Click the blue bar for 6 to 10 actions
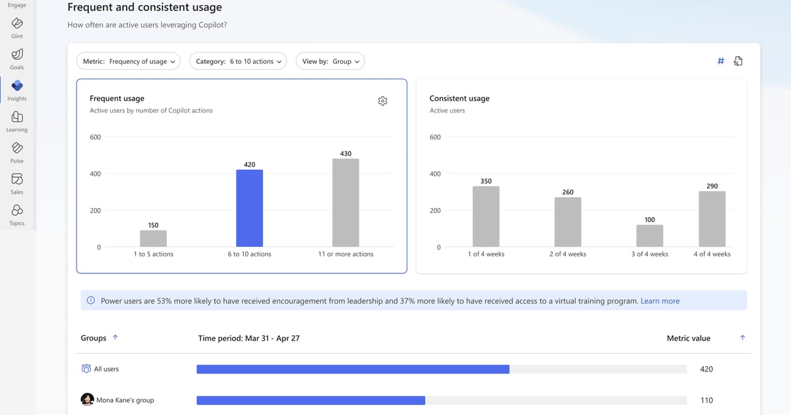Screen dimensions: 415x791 [x=249, y=208]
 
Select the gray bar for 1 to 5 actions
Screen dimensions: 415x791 [x=153, y=238]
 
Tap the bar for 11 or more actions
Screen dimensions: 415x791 [x=345, y=203]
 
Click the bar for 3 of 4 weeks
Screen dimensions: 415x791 [x=649, y=236]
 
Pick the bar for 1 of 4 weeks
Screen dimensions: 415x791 [x=486, y=217]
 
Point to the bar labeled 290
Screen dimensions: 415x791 [x=712, y=219]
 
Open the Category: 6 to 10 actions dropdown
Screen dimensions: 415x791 [x=238, y=61]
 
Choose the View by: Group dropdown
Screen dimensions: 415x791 [x=330, y=61]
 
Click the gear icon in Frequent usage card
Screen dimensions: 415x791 [x=383, y=101]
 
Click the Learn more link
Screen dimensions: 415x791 [x=660, y=301]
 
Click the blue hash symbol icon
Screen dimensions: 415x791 [x=720, y=61]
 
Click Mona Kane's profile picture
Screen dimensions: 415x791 [x=87, y=400]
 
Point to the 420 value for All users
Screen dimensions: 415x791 [x=706, y=369]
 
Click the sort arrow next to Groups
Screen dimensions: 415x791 [x=115, y=338]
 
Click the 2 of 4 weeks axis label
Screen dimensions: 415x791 [x=568, y=254]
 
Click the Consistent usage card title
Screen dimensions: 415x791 [x=459, y=98]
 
